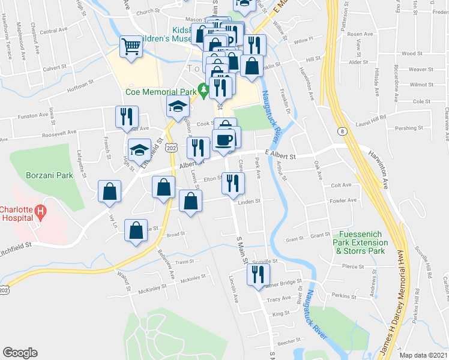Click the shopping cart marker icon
pos(131,46)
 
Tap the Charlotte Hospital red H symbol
pos(40,211)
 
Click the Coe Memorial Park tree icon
pos(204,91)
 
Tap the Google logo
pos(20,353)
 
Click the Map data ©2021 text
pos(423,355)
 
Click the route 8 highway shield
pos(342,130)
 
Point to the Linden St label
pos(249,202)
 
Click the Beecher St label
pos(289,341)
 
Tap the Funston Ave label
pos(32,115)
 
